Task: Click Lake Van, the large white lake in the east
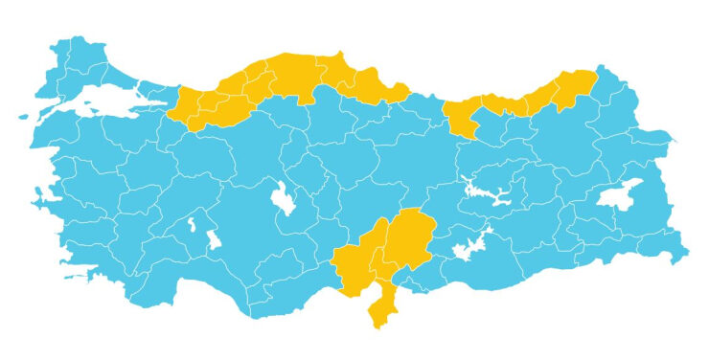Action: (x=618, y=194)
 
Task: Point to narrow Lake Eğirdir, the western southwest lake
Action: (x=191, y=225)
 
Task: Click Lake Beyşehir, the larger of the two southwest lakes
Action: (x=213, y=238)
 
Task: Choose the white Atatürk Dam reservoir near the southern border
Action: (x=469, y=247)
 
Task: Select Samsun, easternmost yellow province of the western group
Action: (x=378, y=91)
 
